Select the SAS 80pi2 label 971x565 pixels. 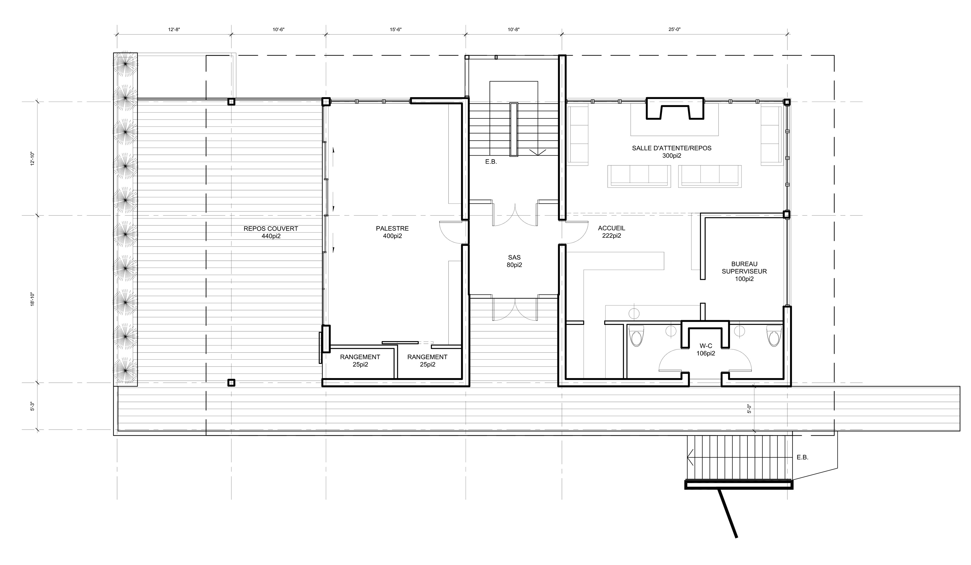pyautogui.click(x=514, y=261)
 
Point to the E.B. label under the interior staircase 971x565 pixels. pyautogui.click(x=491, y=162)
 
